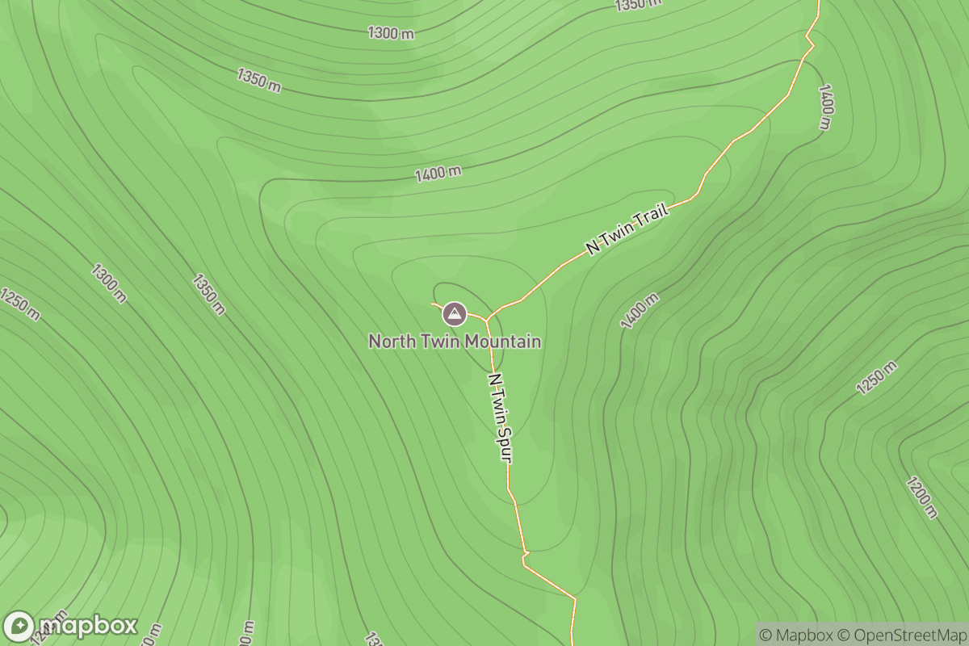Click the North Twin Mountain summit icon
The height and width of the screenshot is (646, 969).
point(455,313)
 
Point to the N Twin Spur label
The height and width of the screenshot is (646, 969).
point(500,417)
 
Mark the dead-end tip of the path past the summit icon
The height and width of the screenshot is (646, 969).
point(433,304)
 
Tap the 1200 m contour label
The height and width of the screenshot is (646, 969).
point(922,498)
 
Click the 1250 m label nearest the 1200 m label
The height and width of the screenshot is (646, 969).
point(876,378)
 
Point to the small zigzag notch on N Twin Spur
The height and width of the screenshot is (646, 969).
point(525,555)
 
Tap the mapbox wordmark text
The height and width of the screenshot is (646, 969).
point(87,626)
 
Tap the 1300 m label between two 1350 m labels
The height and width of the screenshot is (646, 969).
point(391,33)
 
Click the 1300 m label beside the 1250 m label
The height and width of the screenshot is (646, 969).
point(109,283)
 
